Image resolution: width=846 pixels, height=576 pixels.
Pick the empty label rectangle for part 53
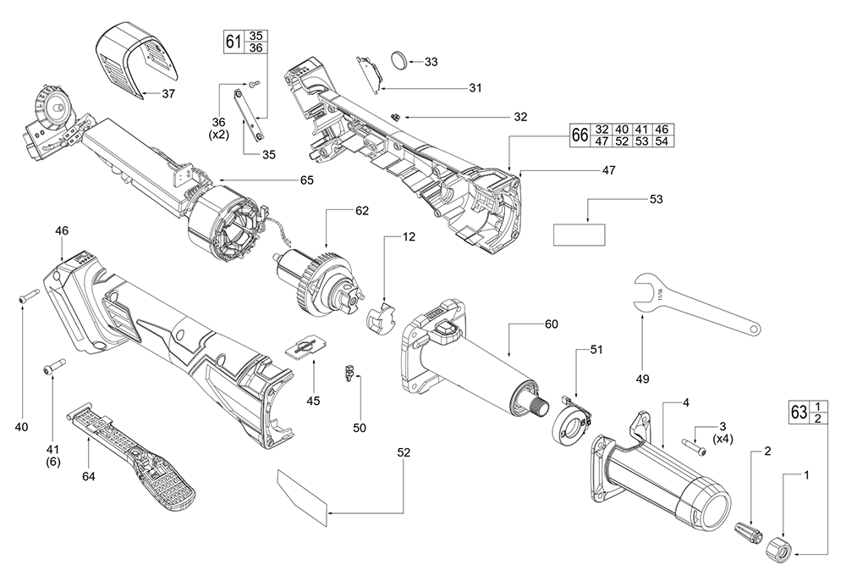tap(580, 235)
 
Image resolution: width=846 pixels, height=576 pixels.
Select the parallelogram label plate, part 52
tap(301, 497)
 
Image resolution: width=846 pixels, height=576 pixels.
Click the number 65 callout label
tap(306, 180)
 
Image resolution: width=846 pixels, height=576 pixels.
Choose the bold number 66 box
tap(580, 136)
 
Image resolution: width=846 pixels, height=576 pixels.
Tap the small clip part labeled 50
tap(348, 372)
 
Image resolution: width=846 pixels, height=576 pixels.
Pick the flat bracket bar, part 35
tap(246, 113)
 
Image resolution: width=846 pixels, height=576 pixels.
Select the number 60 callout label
tap(552, 324)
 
